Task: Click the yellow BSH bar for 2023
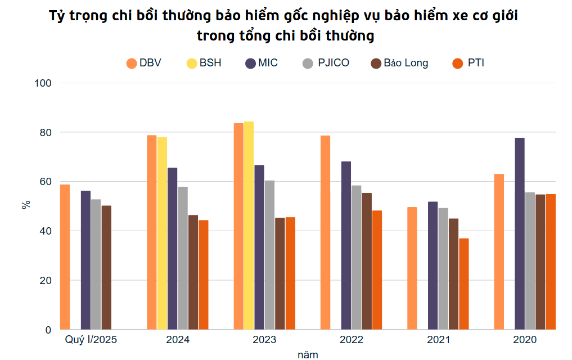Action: click(x=249, y=225)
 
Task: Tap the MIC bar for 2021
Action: click(x=433, y=265)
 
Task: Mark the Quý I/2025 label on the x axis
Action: click(x=91, y=340)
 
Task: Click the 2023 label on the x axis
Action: click(x=264, y=340)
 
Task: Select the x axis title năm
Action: click(x=308, y=354)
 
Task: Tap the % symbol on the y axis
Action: click(x=26, y=205)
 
